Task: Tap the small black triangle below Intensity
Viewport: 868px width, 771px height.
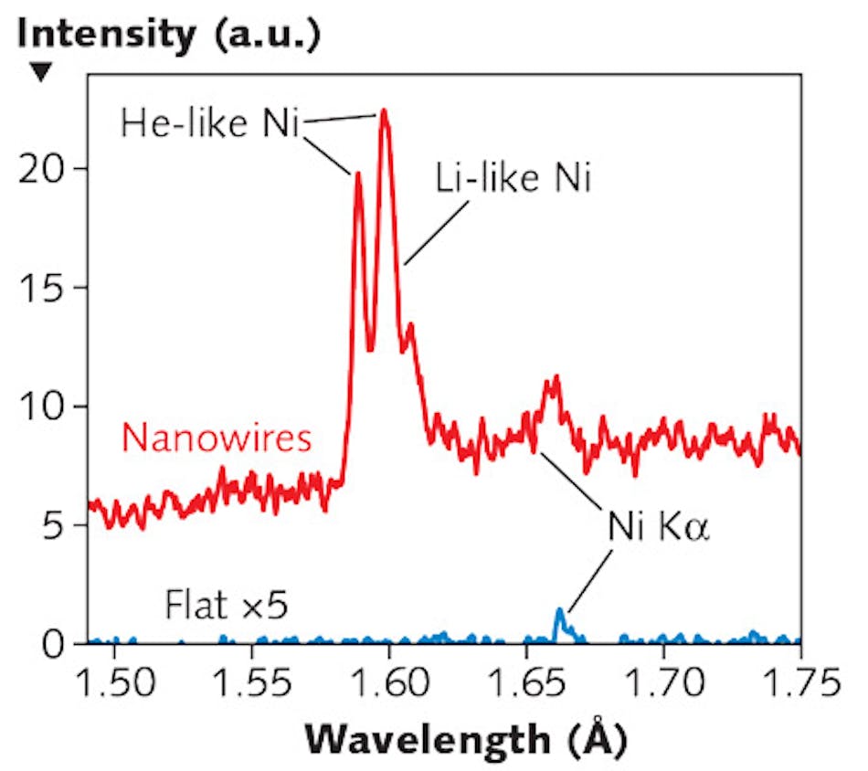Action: click(x=41, y=73)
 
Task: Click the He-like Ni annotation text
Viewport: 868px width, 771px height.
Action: click(x=210, y=122)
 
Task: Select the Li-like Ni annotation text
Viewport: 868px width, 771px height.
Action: click(x=513, y=178)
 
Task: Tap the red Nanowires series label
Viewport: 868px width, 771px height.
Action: click(x=217, y=438)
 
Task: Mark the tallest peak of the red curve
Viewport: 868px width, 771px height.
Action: click(x=385, y=111)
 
